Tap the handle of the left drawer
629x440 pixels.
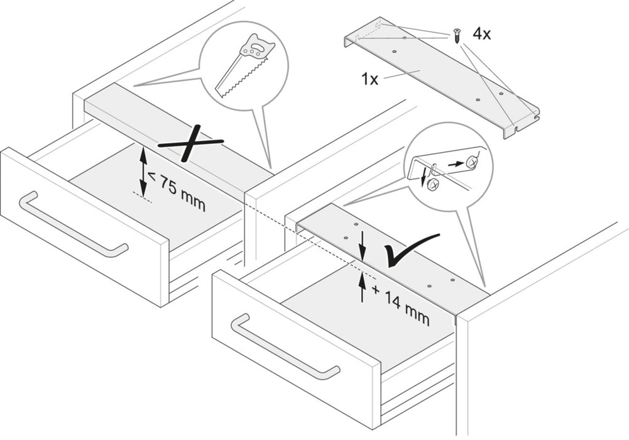coord(72,226)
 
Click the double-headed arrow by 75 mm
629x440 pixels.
coord(143,170)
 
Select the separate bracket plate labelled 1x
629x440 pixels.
coord(440,75)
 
